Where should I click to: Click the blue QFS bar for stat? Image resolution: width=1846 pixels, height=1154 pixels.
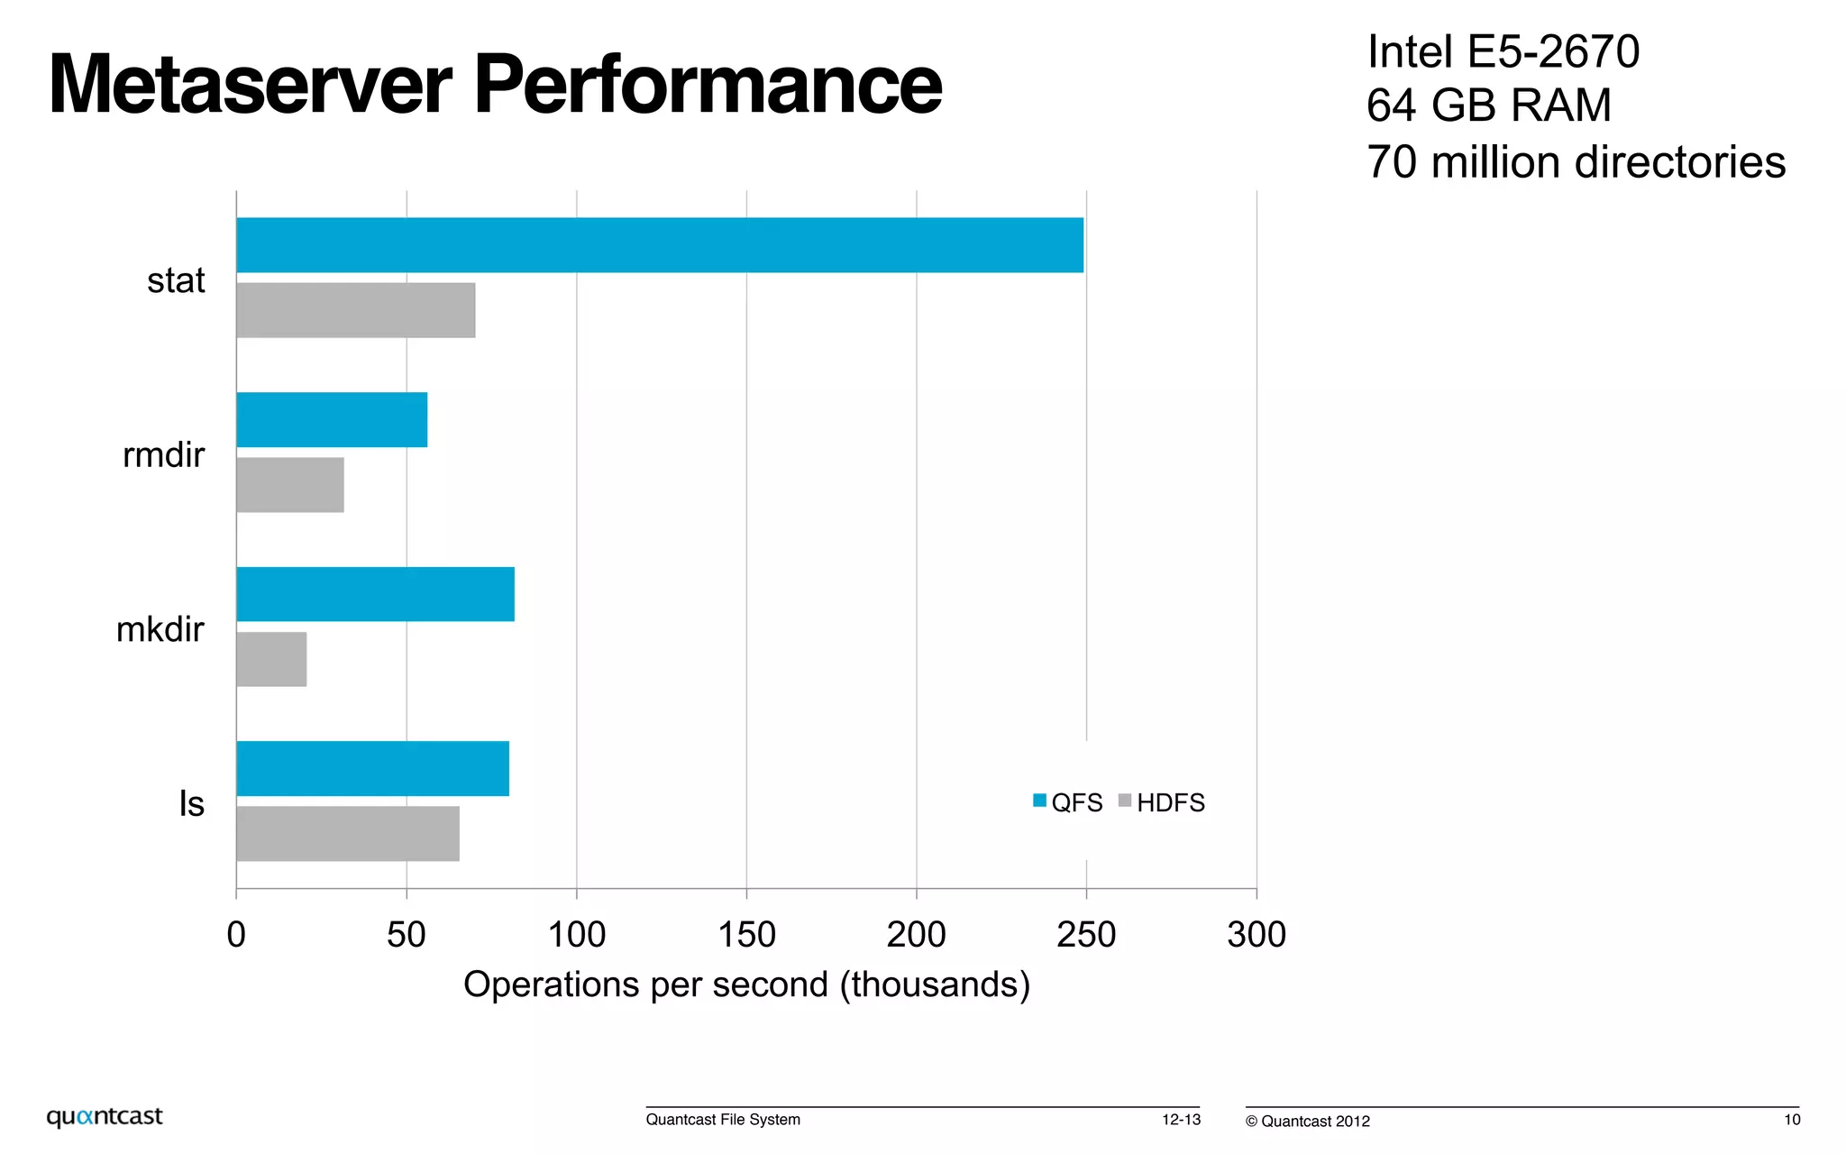tap(660, 245)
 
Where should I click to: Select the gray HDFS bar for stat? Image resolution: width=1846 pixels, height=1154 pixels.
tap(355, 310)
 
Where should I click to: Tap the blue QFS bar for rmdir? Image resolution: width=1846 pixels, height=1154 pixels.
tap(332, 419)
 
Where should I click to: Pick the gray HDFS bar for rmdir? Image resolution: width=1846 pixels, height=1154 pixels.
tap(290, 485)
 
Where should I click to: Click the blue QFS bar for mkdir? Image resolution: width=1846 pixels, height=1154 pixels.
tap(375, 594)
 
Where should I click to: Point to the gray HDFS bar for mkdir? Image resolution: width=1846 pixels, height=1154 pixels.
tap(271, 659)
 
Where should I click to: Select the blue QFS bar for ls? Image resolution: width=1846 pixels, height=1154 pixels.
tap(372, 768)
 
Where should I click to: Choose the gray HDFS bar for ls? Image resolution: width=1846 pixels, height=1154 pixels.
tap(348, 834)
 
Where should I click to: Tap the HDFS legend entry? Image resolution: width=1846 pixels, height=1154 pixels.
tap(1162, 802)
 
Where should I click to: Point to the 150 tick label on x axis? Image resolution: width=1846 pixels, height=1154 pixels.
tap(746, 935)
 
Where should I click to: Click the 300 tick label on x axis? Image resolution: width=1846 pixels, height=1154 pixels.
tap(1256, 935)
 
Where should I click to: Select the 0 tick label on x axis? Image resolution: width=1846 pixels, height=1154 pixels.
tap(236, 935)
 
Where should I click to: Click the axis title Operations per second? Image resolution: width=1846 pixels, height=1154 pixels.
tap(746, 985)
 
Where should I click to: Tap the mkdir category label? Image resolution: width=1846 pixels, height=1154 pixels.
tap(160, 629)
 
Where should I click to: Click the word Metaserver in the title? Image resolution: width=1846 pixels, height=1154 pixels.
tap(250, 85)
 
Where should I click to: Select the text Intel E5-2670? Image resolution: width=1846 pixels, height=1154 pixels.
tap(1503, 51)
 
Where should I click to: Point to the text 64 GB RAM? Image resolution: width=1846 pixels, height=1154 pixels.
tap(1488, 105)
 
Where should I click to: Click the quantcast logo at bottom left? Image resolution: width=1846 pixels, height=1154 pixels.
tap(105, 1116)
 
